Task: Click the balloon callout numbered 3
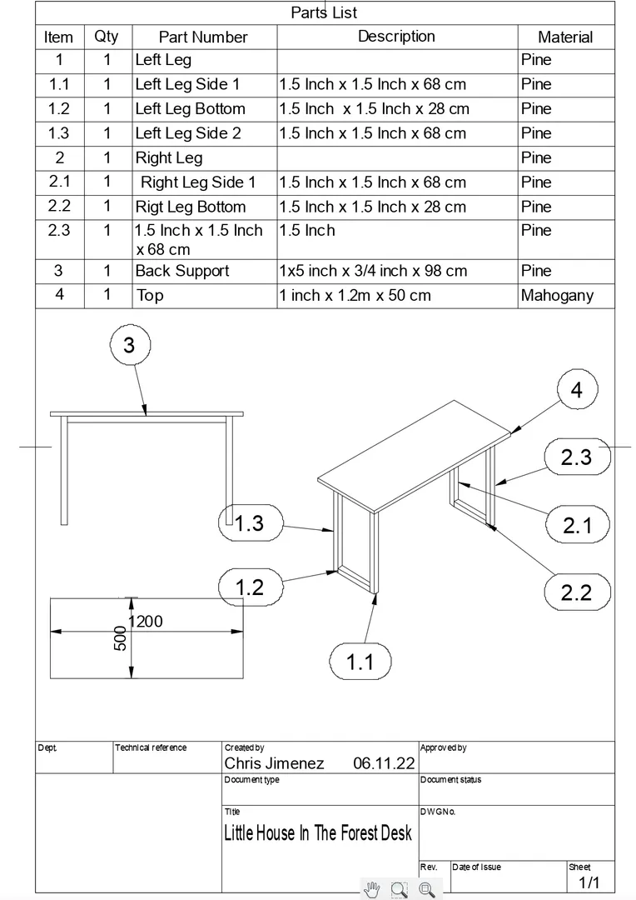(129, 346)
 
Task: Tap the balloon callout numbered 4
(577, 390)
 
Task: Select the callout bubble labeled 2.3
(576, 457)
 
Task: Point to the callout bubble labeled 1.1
(360, 662)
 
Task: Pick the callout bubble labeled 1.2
(249, 587)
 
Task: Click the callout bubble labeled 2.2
(576, 592)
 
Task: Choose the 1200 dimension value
(146, 621)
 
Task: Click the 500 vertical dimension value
(120, 638)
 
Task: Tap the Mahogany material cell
(557, 295)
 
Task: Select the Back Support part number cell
(182, 271)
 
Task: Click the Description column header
(396, 37)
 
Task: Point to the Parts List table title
(324, 12)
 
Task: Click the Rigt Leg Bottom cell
(191, 207)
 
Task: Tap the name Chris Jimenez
(274, 763)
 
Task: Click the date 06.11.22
(383, 763)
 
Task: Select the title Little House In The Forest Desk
(317, 832)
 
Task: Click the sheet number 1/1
(589, 882)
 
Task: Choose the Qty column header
(107, 37)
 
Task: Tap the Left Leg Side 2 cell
(188, 133)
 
